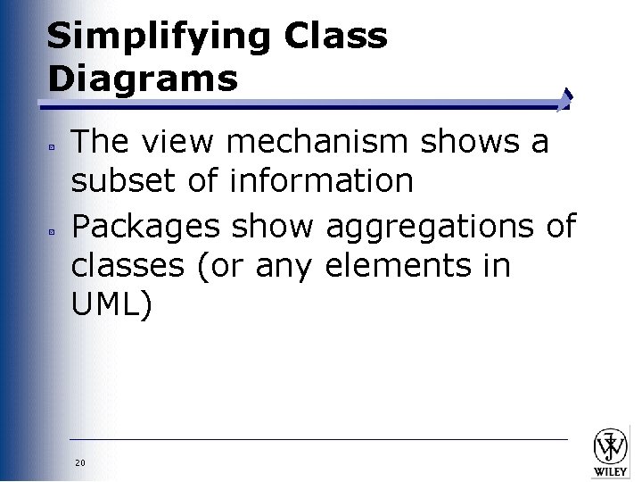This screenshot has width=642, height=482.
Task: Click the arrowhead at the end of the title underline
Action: (565, 99)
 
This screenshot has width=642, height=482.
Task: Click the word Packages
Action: (145, 225)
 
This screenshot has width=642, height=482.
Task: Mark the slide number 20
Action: (80, 462)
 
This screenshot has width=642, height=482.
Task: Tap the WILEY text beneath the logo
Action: (613, 469)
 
